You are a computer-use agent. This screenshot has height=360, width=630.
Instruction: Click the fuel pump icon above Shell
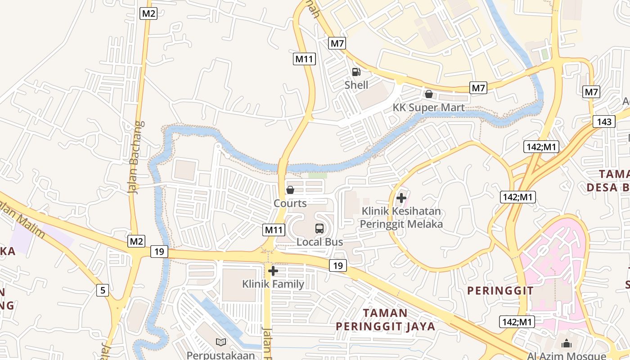356,72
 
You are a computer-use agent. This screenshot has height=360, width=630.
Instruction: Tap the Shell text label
356,85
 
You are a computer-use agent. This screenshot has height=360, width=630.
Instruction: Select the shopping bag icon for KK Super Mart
429,94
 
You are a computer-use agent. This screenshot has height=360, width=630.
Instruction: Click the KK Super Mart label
428,108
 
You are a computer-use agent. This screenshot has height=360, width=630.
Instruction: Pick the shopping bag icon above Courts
290,190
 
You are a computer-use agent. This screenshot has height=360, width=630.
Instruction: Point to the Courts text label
290,203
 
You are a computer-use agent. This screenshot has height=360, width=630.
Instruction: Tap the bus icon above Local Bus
319,229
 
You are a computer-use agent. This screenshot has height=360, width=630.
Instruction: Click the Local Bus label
319,242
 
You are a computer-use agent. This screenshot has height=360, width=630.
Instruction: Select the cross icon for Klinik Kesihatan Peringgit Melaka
401,198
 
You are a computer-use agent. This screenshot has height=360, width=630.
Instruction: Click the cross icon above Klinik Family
273,271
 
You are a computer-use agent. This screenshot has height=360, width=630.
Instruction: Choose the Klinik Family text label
273,284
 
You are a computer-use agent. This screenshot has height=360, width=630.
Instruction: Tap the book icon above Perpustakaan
221,342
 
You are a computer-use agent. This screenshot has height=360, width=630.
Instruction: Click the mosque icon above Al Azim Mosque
567,344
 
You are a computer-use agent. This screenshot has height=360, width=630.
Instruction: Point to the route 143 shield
604,121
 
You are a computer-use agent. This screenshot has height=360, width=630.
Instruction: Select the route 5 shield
103,290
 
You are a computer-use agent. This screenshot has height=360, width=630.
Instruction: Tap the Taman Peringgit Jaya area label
385,319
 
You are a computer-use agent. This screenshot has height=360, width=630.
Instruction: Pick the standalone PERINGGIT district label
500,291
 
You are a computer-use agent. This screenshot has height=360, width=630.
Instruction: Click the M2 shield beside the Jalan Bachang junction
137,241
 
